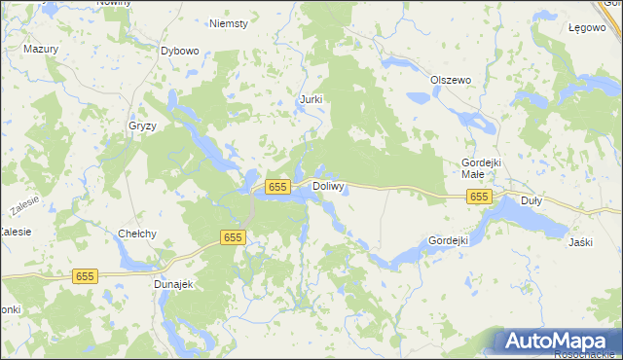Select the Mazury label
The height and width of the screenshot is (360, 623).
pyautogui.click(x=42, y=48)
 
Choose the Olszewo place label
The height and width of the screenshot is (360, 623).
pyautogui.click(x=451, y=80)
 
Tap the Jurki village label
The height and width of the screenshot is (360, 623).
pyautogui.click(x=311, y=99)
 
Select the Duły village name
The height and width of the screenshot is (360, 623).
pyautogui.click(x=531, y=200)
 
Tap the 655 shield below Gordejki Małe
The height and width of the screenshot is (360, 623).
pyautogui.click(x=479, y=198)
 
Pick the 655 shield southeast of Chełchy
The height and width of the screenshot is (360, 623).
pyautogui.click(x=232, y=237)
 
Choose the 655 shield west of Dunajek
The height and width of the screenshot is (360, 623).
pyautogui.click(x=85, y=277)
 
